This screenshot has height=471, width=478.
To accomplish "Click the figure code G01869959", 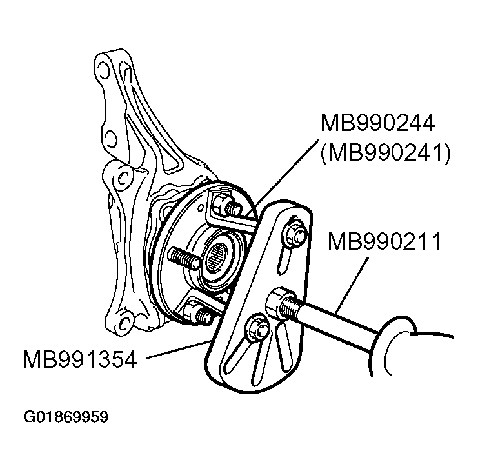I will [x=66, y=417].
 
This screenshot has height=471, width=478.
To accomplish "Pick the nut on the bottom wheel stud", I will [x=193, y=310].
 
